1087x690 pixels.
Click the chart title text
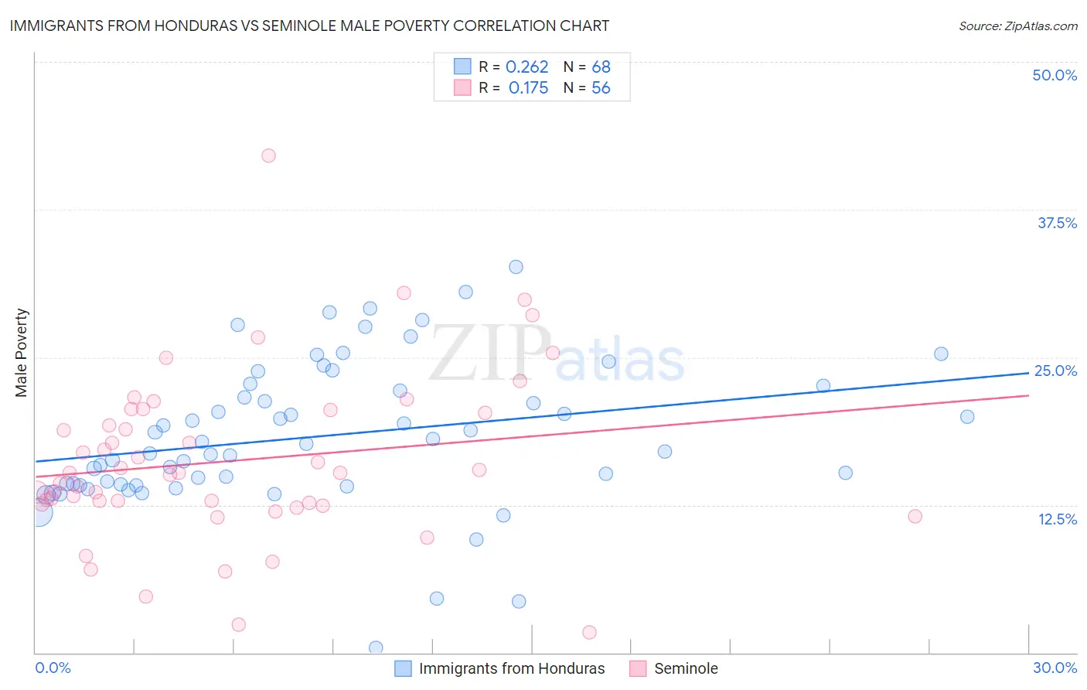click(309, 26)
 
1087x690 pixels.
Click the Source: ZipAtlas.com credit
click(1017, 26)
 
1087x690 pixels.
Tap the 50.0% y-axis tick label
click(1055, 75)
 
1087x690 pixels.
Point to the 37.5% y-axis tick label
click(1057, 223)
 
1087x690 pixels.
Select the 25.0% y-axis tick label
click(1055, 371)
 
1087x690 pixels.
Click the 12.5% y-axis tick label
click(1057, 519)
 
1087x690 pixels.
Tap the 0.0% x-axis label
click(53, 668)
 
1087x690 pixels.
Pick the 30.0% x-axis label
click(1055, 668)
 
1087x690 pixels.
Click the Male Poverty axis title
click(22, 353)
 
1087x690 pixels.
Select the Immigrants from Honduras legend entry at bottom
click(511, 668)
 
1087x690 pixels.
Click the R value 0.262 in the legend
click(526, 67)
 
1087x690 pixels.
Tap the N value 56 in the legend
click(601, 88)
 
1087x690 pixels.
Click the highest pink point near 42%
click(268, 155)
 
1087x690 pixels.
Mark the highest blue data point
click(516, 267)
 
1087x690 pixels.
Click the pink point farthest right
click(915, 516)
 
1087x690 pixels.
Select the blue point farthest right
click(967, 417)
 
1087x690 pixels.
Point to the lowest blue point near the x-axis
click(376, 647)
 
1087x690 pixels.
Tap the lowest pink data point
click(589, 633)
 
